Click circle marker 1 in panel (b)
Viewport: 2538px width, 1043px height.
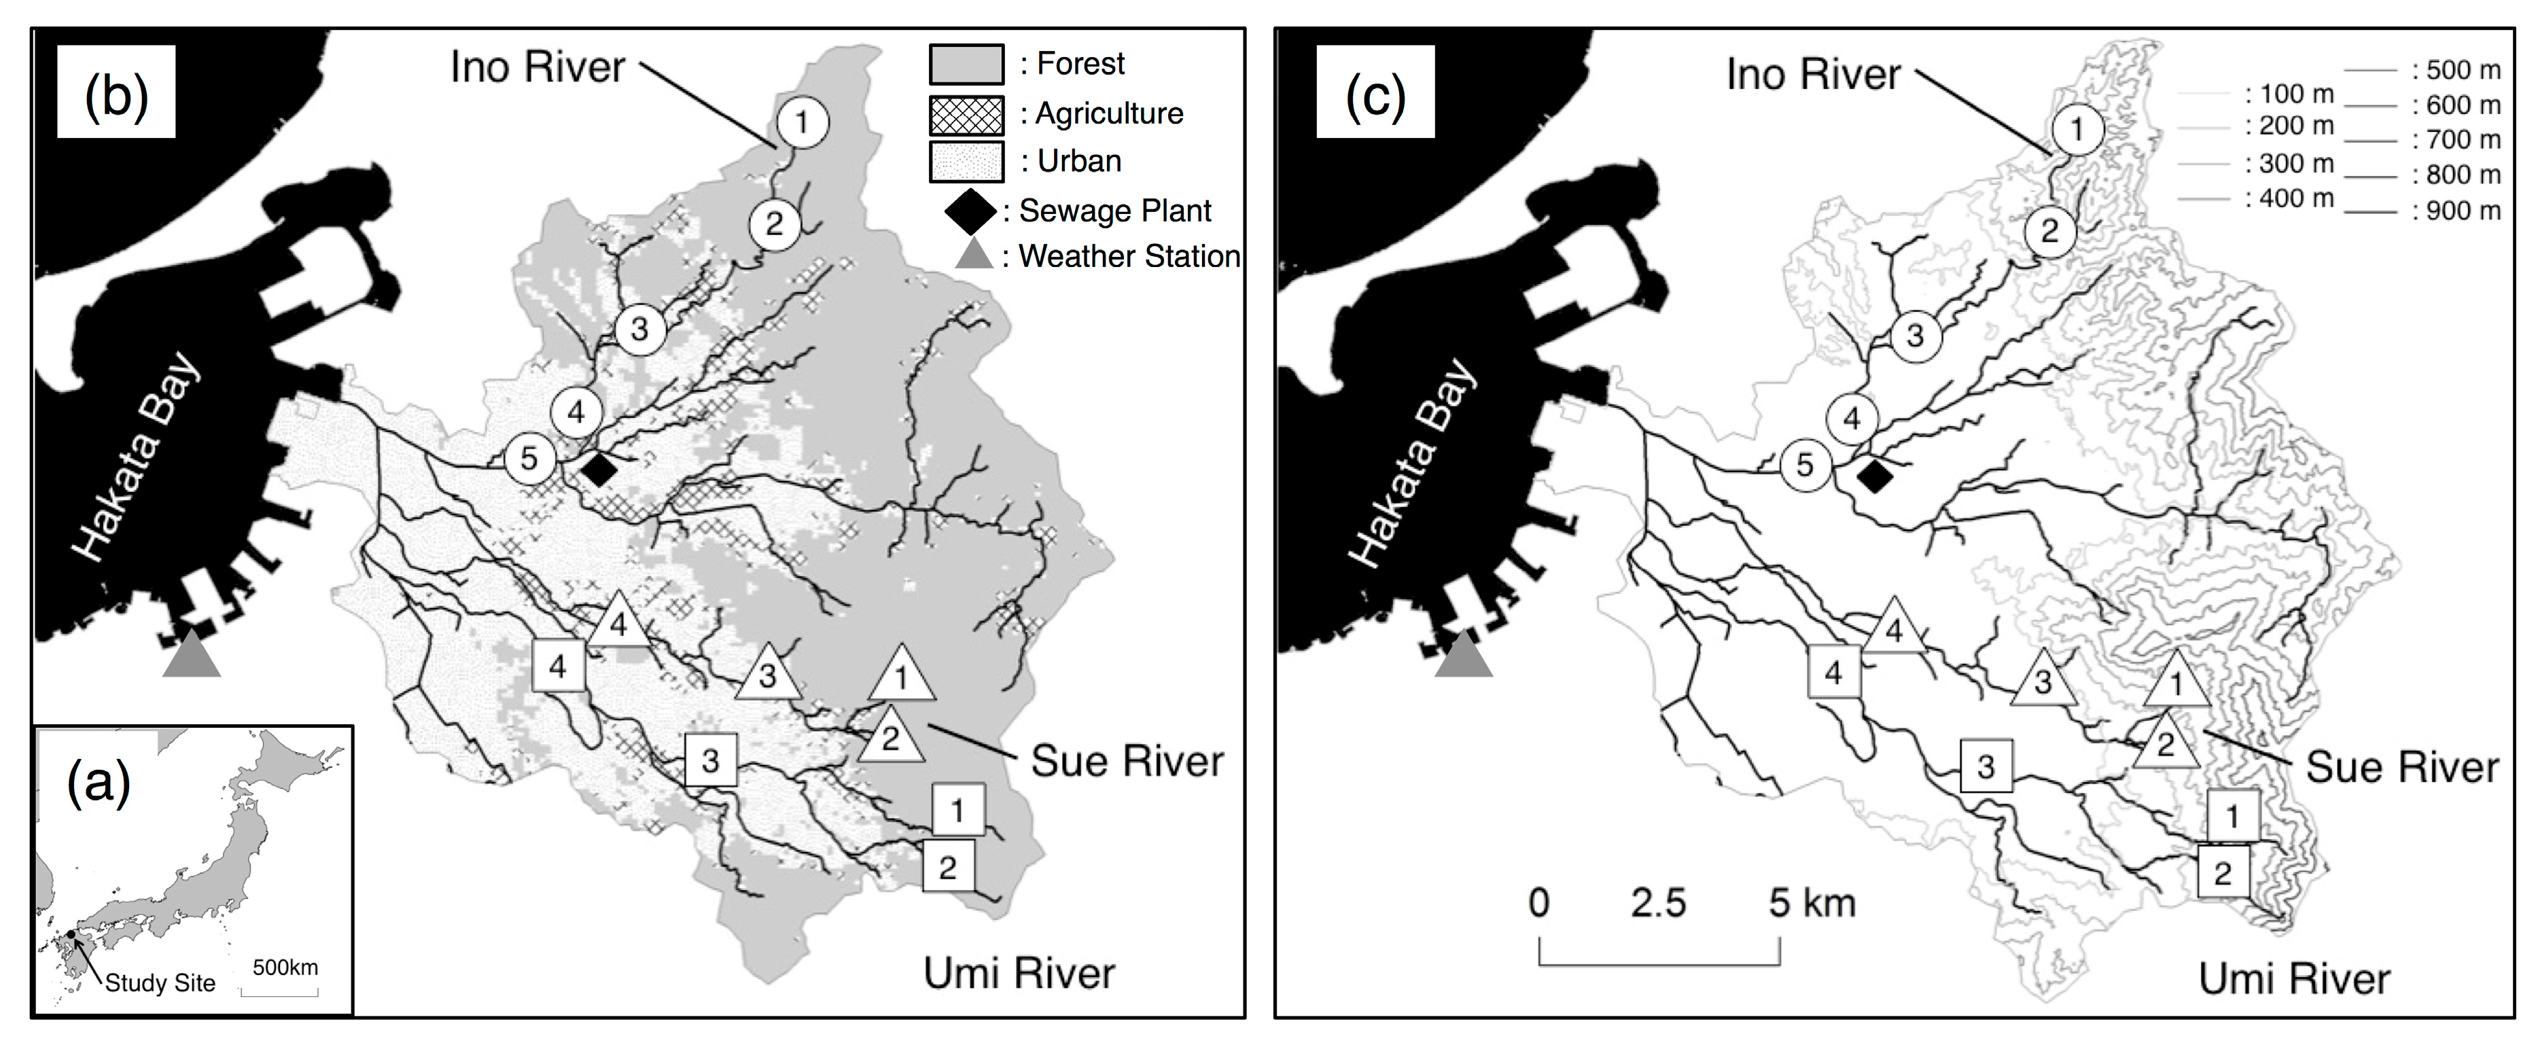coord(802,122)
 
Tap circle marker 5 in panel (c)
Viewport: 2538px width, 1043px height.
coord(1805,464)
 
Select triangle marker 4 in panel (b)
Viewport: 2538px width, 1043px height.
coord(619,622)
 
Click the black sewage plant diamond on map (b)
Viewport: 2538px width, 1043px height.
coord(598,470)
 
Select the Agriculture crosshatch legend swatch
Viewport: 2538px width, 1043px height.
coord(966,114)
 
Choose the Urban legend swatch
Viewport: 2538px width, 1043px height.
coord(966,162)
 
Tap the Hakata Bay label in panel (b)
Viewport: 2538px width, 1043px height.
coord(138,458)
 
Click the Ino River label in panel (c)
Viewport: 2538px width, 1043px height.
coord(1813,75)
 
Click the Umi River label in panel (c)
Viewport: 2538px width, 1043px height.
coord(2295,979)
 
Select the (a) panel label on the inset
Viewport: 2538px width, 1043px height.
coord(99,784)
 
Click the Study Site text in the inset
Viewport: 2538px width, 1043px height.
coord(160,983)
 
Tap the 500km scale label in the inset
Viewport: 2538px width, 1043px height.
coord(285,967)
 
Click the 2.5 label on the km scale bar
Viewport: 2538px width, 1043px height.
coord(1658,903)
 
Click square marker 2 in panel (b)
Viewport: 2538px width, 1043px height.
coord(948,867)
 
